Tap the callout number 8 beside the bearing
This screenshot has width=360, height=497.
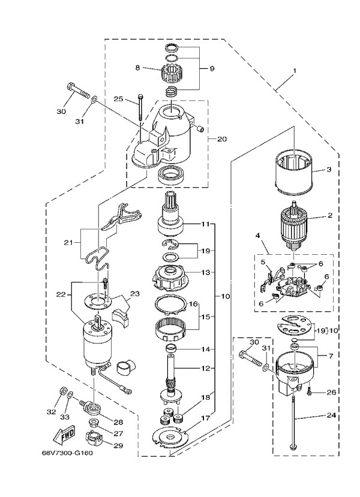(137, 69)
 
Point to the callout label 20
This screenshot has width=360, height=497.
(221, 139)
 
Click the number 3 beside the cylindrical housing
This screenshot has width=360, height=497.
(329, 170)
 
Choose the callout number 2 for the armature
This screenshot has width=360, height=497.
(329, 214)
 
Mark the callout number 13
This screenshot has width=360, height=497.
(206, 272)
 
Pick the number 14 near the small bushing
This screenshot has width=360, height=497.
(206, 349)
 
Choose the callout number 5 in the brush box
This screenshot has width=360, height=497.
(262, 262)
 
